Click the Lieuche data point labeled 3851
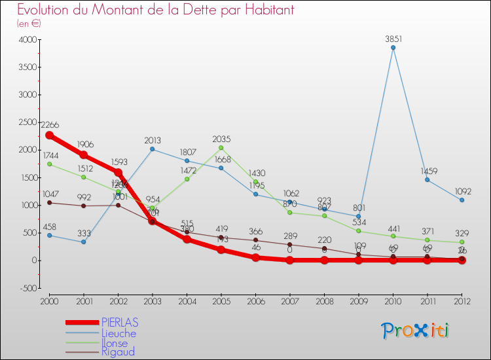pyautogui.click(x=393, y=47)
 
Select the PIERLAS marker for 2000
pyautogui.click(x=49, y=135)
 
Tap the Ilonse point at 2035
pyautogui.click(x=221, y=147)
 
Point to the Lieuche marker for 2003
pyautogui.click(x=153, y=149)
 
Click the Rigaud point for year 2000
pyautogui.click(x=49, y=202)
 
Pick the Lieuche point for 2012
pyautogui.click(x=462, y=200)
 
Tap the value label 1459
pyautogui.click(x=427, y=171)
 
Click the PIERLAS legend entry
pyautogui.click(x=119, y=323)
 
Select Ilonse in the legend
pyautogui.click(x=115, y=343)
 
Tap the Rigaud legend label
pyautogui.click(x=118, y=352)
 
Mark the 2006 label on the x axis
pyautogui.click(x=255, y=300)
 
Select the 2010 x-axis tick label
pyautogui.click(x=393, y=300)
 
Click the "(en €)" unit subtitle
pyautogui.click(x=30, y=23)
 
